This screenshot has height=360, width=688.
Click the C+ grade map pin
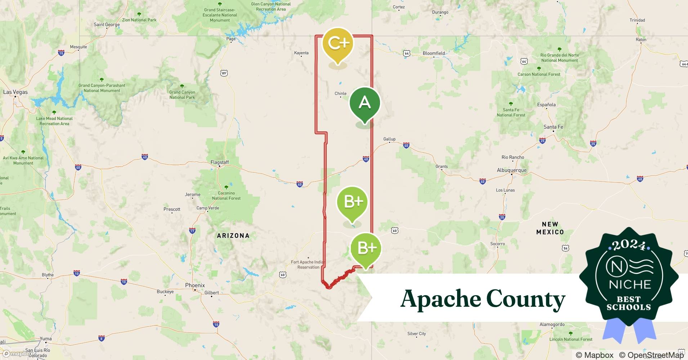[x=338, y=44]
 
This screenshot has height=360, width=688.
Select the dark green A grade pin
[x=365, y=103]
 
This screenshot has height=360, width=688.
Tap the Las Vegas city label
[x=15, y=92]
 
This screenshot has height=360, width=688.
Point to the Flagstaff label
[x=220, y=162]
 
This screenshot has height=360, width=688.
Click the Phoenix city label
[x=195, y=285]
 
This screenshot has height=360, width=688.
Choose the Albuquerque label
[x=511, y=170]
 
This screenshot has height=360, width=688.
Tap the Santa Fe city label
[x=553, y=127]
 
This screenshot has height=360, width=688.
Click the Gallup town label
[x=389, y=139]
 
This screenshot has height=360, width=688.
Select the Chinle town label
[x=340, y=94]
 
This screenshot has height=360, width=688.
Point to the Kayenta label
[x=301, y=53]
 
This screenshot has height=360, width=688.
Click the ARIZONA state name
[x=233, y=236]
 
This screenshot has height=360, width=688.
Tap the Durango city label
[x=440, y=12]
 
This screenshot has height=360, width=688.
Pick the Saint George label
[x=107, y=25]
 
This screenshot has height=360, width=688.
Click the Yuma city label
[x=46, y=339]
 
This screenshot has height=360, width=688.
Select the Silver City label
[x=416, y=334]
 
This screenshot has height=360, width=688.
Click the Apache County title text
[x=483, y=299]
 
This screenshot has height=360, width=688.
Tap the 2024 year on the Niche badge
[x=629, y=245]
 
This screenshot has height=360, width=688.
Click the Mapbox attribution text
[x=595, y=355]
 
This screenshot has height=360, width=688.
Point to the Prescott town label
[x=172, y=209]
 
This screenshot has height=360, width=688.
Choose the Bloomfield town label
[x=434, y=53]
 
